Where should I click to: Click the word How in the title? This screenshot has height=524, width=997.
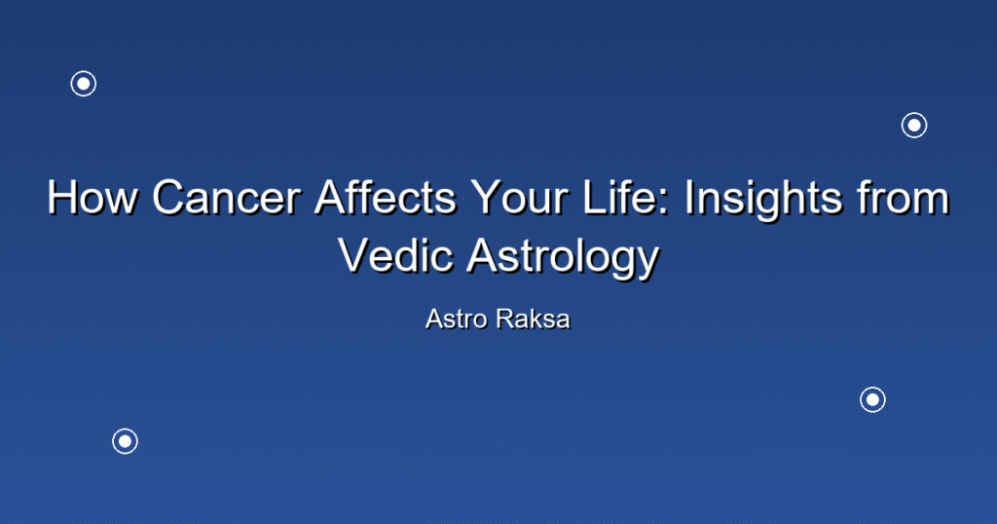92,198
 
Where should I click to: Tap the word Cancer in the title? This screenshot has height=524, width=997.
226,198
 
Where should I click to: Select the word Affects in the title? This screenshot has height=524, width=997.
386,198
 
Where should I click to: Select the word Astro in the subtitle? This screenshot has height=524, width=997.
457,319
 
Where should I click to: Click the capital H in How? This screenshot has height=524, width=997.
62,198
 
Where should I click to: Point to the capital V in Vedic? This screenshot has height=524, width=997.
354,255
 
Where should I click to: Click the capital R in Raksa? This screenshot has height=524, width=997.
505,319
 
